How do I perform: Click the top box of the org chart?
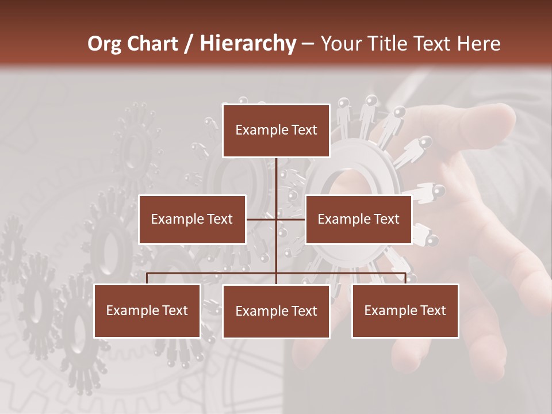pos(276,131)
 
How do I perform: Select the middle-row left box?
pos(192,219)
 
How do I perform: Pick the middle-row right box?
pos(358,219)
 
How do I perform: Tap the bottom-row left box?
pos(147,310)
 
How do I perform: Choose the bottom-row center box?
pos(276,311)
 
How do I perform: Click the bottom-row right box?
pos(405,310)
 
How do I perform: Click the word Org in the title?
pos(104,44)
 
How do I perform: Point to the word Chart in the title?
pos(152,44)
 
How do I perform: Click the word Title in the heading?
pos(392,44)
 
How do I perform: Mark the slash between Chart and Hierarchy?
pos(189,44)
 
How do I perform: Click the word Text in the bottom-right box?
pos(432,310)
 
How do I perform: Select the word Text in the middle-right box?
pos(386,219)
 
